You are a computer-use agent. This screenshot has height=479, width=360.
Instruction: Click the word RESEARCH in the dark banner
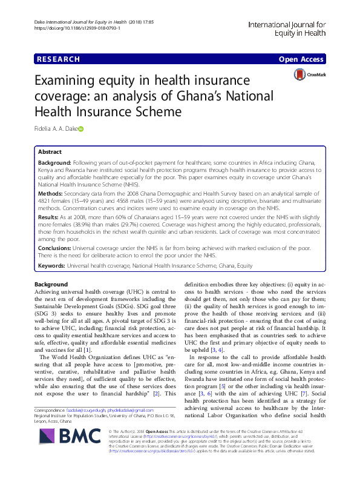pos(57,59)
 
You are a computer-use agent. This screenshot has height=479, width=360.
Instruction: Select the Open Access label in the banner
pos(302,59)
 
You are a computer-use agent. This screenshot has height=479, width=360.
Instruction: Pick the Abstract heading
pos(50,153)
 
